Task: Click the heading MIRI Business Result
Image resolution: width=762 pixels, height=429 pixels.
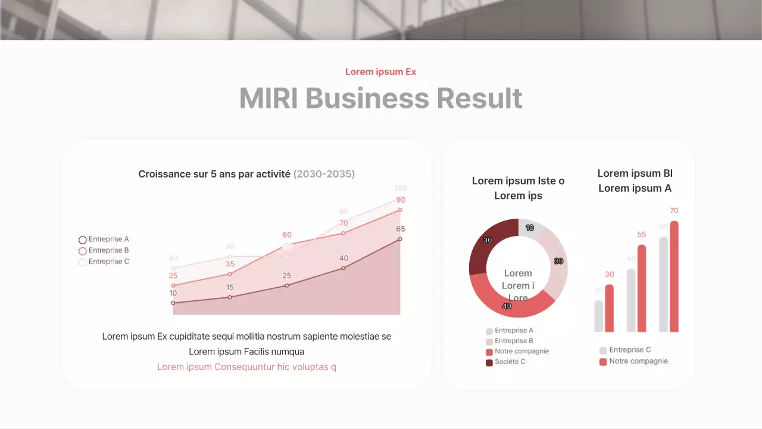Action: pyautogui.click(x=380, y=98)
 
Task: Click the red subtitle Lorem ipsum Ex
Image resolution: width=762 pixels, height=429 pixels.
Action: pyautogui.click(x=380, y=71)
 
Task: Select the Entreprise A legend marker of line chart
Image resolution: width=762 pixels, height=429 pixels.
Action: pyautogui.click(x=83, y=240)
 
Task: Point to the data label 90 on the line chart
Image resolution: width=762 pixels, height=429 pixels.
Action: pyautogui.click(x=401, y=200)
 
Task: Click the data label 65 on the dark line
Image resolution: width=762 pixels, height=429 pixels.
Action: pyautogui.click(x=401, y=229)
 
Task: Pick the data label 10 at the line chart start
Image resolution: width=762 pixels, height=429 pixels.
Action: pyautogui.click(x=173, y=293)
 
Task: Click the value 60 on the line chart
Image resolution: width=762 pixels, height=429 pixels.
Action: pyautogui.click(x=287, y=235)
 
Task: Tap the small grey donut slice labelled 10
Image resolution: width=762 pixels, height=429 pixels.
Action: pyautogui.click(x=530, y=228)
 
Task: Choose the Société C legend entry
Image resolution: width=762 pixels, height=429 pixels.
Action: pyautogui.click(x=510, y=362)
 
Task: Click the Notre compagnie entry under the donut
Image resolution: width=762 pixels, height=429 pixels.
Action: pyautogui.click(x=521, y=352)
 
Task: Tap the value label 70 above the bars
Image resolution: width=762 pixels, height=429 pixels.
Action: pyautogui.click(x=674, y=211)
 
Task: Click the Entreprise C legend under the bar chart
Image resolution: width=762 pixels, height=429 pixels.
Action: pyautogui.click(x=630, y=350)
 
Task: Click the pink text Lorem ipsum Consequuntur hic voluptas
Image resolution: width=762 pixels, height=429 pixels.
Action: pyautogui.click(x=246, y=367)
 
